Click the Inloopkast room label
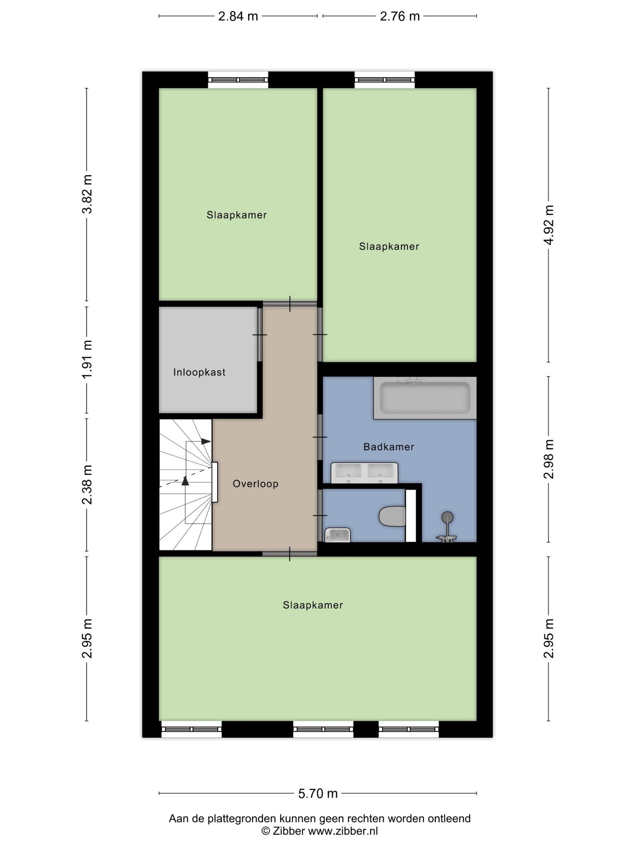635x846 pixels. [x=199, y=372]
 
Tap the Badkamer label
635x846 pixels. [x=389, y=447]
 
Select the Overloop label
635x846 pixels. [x=255, y=484]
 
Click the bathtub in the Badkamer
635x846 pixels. [x=425, y=398]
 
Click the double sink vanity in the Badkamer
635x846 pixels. [x=364, y=473]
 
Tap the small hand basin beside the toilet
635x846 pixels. [x=337, y=535]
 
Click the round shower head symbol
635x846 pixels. [x=447, y=517]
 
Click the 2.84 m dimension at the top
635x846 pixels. [x=238, y=16]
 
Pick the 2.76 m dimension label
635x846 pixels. [x=400, y=16]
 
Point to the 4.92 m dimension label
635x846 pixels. [x=549, y=225]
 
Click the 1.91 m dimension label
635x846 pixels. [x=87, y=359]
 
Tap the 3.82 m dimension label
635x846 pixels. [x=87, y=194]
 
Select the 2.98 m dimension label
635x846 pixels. [x=549, y=459]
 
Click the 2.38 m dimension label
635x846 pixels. [x=87, y=485]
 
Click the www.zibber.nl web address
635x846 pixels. [x=343, y=831]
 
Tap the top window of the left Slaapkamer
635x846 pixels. [x=238, y=80]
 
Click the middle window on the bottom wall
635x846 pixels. [x=323, y=729]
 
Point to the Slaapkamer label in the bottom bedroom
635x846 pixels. [x=313, y=605]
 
